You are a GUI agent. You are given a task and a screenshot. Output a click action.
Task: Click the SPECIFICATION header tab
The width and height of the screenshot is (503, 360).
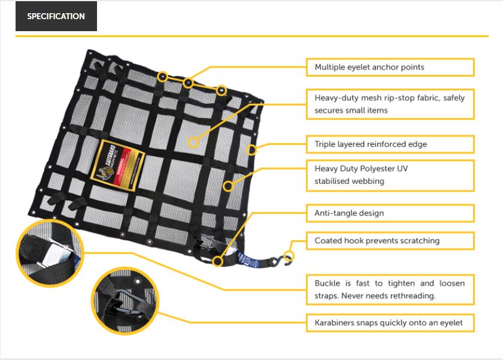(x=56, y=16)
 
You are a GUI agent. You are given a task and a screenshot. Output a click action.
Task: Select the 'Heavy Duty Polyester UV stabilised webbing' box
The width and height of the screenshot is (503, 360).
(x=390, y=175)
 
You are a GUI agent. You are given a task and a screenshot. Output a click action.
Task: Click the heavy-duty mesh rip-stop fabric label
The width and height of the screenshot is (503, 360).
(x=390, y=104)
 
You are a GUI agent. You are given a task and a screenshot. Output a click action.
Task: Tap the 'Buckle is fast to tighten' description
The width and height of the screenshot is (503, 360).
(x=390, y=289)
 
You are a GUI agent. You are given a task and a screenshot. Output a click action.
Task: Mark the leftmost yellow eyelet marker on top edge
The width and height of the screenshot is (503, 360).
(x=163, y=77)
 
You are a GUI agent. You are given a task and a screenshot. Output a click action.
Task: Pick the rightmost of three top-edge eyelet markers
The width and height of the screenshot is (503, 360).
(x=222, y=90)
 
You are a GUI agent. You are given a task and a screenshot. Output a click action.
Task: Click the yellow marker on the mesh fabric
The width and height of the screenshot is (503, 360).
(x=193, y=142)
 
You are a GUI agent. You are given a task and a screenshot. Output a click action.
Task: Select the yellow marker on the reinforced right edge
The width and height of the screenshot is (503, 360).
(x=251, y=149)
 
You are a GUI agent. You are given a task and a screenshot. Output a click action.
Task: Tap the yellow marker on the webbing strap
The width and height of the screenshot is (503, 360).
(x=228, y=186)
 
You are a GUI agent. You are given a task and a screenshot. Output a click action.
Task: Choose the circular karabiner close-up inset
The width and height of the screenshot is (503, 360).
(x=124, y=297)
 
